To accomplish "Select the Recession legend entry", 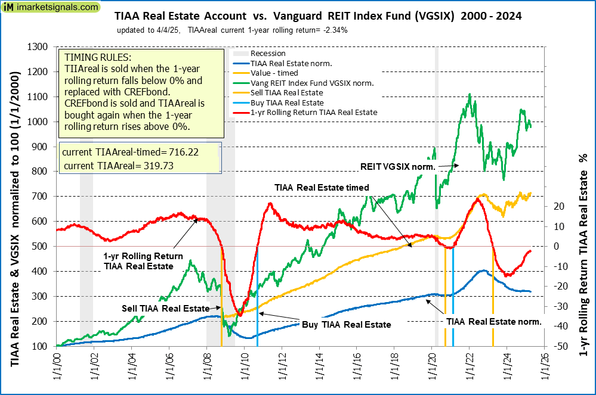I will point(268,54).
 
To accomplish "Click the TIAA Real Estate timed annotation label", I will point(322,187).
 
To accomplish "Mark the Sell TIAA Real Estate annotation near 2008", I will point(165,308).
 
